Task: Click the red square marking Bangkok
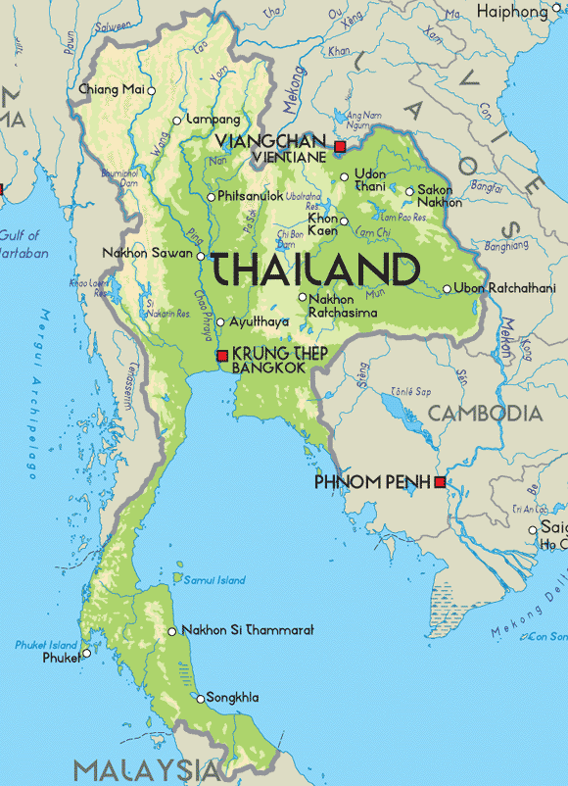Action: click(x=222, y=356)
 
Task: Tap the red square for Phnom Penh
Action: click(x=441, y=482)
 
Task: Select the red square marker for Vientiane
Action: click(x=340, y=147)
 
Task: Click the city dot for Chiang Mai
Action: click(x=151, y=90)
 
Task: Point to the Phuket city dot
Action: click(x=86, y=653)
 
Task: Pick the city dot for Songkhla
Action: click(x=201, y=699)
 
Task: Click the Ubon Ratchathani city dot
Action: click(x=447, y=289)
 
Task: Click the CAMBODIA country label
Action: click(x=485, y=413)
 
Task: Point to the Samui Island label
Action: click(x=214, y=580)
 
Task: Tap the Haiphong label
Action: click(x=511, y=11)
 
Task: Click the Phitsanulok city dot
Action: click(x=211, y=197)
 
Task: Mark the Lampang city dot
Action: click(x=176, y=121)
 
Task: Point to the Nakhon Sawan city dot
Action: click(x=201, y=256)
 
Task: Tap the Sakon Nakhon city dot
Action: click(x=409, y=192)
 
